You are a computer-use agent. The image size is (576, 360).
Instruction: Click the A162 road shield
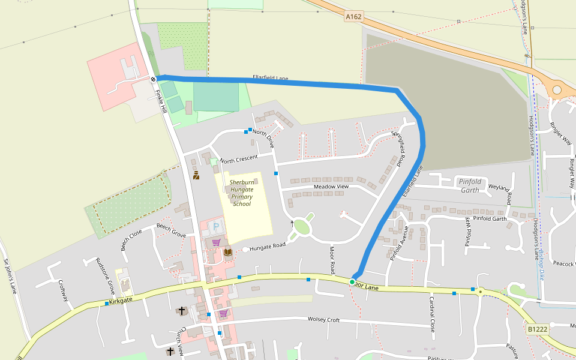tap(354, 17)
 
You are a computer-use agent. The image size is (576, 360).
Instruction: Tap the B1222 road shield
tap(537, 329)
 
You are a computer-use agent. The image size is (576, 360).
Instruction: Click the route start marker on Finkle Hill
tap(154, 79)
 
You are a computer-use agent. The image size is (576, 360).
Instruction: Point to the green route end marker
tap(352, 281)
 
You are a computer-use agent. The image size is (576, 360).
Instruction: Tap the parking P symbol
tap(216, 227)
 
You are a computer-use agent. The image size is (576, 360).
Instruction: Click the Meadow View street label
tap(331, 187)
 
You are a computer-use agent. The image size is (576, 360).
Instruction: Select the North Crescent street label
tap(238, 159)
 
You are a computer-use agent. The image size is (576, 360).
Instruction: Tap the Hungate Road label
tap(268, 246)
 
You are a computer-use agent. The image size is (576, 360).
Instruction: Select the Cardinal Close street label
tap(432, 314)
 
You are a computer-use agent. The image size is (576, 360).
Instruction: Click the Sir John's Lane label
tap(11, 276)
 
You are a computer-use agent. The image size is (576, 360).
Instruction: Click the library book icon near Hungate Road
tap(228, 252)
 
